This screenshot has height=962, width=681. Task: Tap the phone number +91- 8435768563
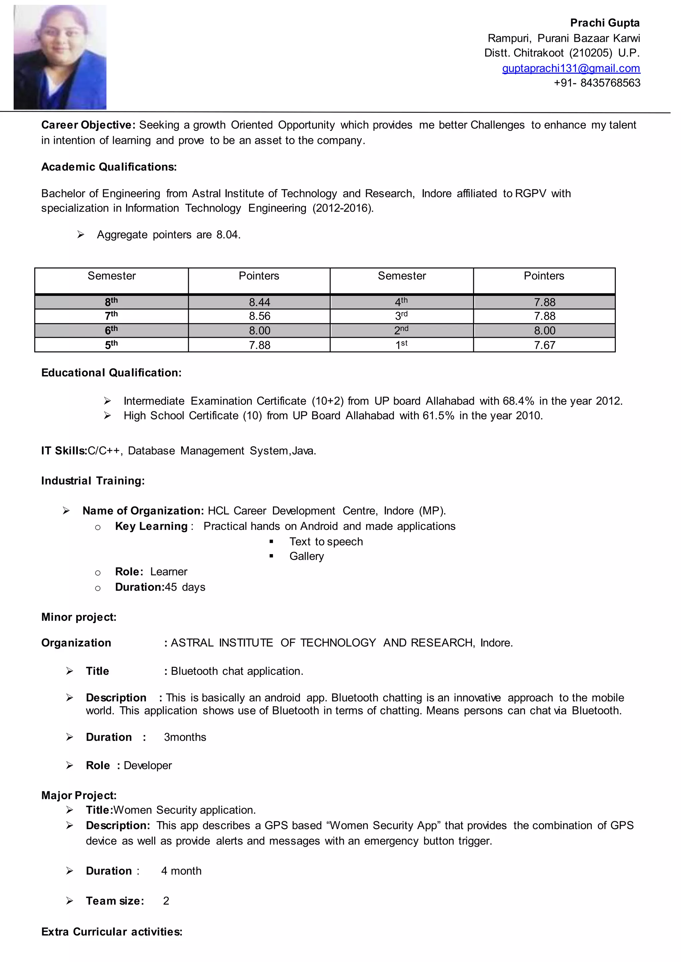tap(597, 83)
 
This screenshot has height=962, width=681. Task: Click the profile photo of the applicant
tap(60, 57)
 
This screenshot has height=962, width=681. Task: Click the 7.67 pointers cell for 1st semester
tap(544, 345)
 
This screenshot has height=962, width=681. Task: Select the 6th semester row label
tap(111, 331)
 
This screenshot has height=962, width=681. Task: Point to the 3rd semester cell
tap(401, 316)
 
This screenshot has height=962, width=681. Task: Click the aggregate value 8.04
tap(228, 235)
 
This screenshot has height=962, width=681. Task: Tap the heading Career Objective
tap(88, 125)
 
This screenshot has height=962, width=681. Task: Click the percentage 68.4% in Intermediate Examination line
tap(518, 401)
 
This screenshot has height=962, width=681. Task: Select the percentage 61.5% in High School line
tap(438, 416)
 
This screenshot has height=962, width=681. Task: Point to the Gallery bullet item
tap(307, 556)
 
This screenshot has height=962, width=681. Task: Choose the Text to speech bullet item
tap(326, 542)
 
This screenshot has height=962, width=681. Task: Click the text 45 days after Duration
tap(185, 587)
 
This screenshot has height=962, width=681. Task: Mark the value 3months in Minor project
tap(185, 737)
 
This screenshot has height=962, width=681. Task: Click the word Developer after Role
tap(148, 765)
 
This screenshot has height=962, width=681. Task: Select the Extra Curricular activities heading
tap(111, 932)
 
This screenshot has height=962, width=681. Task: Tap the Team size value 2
tap(166, 901)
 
